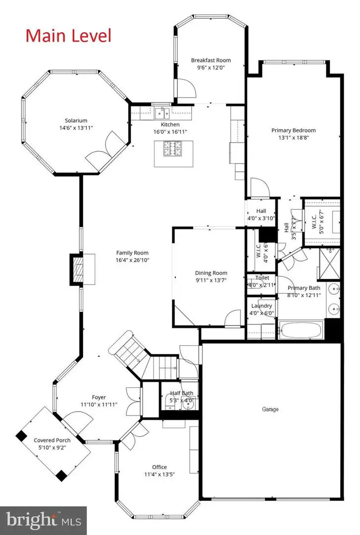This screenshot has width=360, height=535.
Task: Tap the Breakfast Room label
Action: [211, 60]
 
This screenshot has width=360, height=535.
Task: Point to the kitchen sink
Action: [161, 111]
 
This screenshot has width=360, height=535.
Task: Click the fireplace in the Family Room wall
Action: [77, 269]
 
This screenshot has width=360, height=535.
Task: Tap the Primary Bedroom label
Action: [293, 130]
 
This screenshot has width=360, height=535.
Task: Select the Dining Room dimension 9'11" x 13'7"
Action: [211, 280]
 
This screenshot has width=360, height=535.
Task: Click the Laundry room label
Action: [261, 306]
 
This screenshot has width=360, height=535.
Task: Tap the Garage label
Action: [270, 409]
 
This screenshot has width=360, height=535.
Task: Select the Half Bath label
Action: [178, 393]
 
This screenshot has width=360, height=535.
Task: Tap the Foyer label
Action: [99, 397]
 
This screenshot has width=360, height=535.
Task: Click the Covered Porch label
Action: [52, 440]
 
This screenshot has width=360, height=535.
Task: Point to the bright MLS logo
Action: [43, 520]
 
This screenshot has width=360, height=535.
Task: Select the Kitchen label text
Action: [169, 124]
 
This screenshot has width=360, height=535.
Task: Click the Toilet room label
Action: [262, 278]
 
